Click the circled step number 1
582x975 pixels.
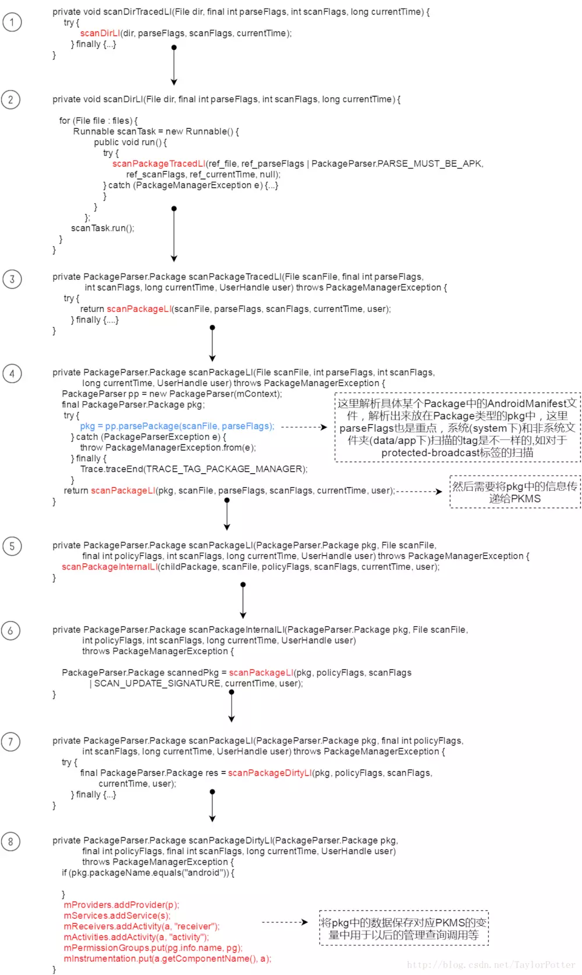[x=12, y=22]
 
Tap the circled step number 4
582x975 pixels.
[x=12, y=373]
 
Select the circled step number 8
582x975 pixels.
[x=10, y=841]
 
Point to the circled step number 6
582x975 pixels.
[x=10, y=630]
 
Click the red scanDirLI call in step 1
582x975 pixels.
[x=100, y=33]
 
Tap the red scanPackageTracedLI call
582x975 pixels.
[x=158, y=164]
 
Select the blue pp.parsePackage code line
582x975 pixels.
[x=177, y=426]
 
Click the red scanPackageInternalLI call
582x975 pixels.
[x=109, y=567]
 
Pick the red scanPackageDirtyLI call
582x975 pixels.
[x=269, y=773]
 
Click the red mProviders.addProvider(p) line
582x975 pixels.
[x=121, y=905]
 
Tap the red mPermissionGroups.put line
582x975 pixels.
[x=152, y=948]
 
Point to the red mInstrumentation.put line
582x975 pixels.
[x=167, y=959]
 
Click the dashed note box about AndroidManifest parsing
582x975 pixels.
[x=457, y=428]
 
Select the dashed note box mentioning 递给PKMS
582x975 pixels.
[x=514, y=492]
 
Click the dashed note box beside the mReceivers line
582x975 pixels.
[x=403, y=928]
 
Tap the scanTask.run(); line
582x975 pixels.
[x=102, y=228]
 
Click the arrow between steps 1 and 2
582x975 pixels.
[x=173, y=65]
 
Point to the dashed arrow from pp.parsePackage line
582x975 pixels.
[x=304, y=427]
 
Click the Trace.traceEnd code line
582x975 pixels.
[x=193, y=469]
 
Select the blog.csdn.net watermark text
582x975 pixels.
[x=491, y=965]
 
